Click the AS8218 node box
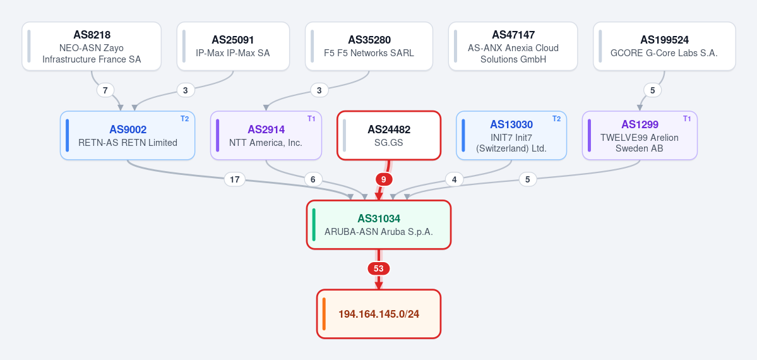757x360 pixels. tap(92, 46)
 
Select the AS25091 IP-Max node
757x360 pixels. tap(233, 46)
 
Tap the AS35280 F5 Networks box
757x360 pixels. tap(369, 46)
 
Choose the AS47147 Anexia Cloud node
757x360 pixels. tap(513, 46)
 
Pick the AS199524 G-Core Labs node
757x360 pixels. tap(664, 46)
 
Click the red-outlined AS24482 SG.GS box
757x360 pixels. tap(389, 135)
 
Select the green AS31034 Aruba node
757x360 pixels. tap(379, 225)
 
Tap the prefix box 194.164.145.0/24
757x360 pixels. tap(379, 314)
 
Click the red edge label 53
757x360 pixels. tap(379, 268)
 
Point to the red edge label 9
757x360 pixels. tap(384, 180)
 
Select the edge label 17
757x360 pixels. tap(235, 180)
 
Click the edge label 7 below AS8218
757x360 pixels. tap(105, 90)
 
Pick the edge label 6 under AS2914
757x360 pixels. tap(313, 180)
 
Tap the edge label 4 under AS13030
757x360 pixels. tap(455, 180)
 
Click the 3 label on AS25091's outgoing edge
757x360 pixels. tap(186, 90)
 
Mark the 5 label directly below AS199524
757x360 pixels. tap(653, 90)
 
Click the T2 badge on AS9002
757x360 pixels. tap(184, 119)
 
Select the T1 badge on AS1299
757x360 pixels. tap(686, 119)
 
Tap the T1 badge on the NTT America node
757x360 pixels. tap(311, 119)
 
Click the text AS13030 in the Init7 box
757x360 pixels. tap(511, 125)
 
